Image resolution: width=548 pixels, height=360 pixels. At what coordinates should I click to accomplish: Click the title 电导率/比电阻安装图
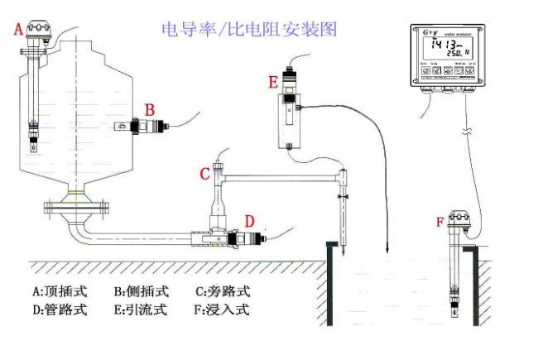coord(249,30)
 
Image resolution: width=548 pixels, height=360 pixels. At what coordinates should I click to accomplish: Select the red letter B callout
coord(150,108)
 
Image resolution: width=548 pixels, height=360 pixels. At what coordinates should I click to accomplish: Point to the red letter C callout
coord(204,174)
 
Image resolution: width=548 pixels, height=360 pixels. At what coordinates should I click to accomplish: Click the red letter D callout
coord(248,221)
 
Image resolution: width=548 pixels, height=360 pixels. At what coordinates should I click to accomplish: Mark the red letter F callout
coord(440,221)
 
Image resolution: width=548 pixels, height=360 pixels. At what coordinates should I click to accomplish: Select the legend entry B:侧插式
coord(141,291)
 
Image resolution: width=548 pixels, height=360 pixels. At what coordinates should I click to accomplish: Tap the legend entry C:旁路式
coord(222,291)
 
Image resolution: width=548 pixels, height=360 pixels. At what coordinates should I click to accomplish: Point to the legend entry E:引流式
coord(141,310)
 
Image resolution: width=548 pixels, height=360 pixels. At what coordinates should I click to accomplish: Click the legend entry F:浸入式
coord(222,310)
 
